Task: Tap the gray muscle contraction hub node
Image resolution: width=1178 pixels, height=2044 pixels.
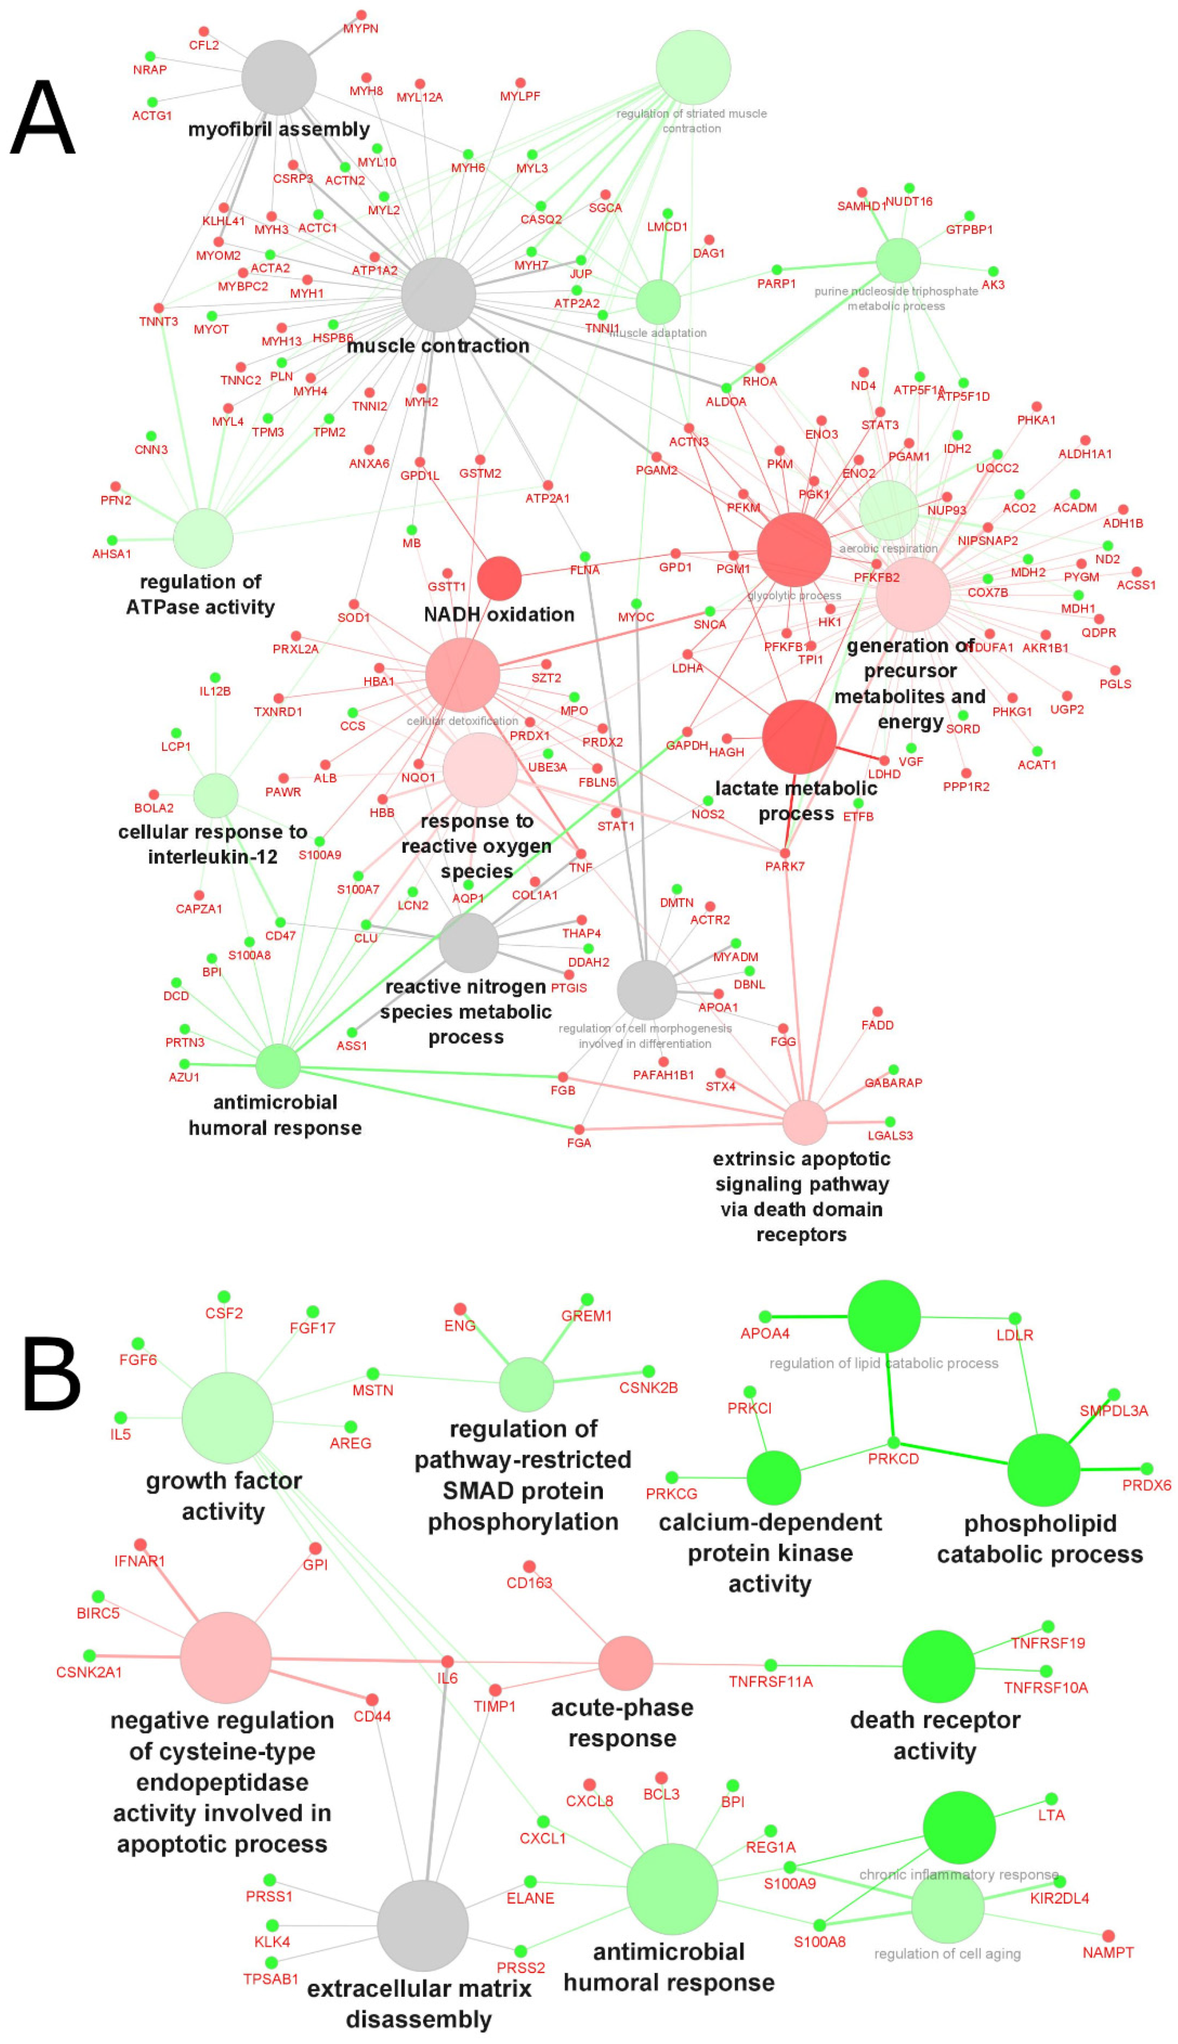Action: (438, 295)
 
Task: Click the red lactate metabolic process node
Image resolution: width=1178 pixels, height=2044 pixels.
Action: (799, 736)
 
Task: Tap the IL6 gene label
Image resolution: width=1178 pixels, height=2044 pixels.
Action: (447, 1678)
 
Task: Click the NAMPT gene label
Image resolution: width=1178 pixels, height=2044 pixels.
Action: (1107, 1953)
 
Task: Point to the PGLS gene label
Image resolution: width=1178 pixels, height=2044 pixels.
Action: (1115, 684)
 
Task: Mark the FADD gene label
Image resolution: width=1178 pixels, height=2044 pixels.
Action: (877, 1025)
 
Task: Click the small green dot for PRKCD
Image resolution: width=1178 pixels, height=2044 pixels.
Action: (893, 1442)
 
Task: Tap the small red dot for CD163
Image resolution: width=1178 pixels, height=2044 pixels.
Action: (529, 1567)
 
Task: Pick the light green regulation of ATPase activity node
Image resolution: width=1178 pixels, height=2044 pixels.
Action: (203, 538)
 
